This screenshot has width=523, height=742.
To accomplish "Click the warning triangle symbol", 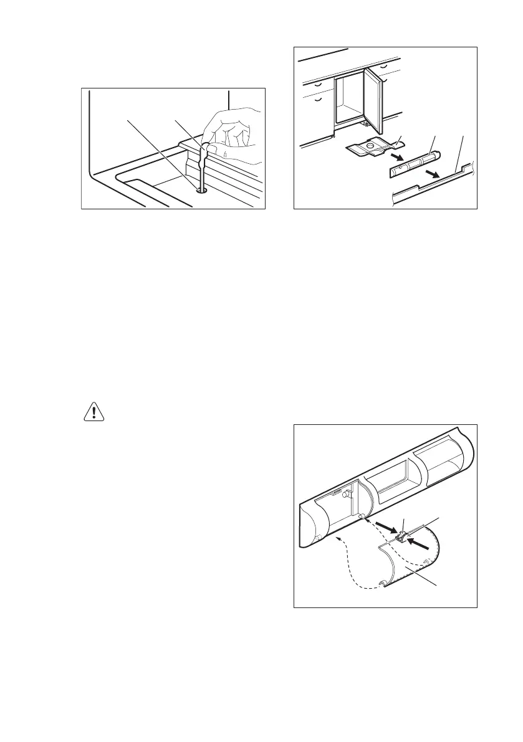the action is coord(93,412).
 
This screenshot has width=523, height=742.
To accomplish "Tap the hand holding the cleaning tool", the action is coord(234,137).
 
